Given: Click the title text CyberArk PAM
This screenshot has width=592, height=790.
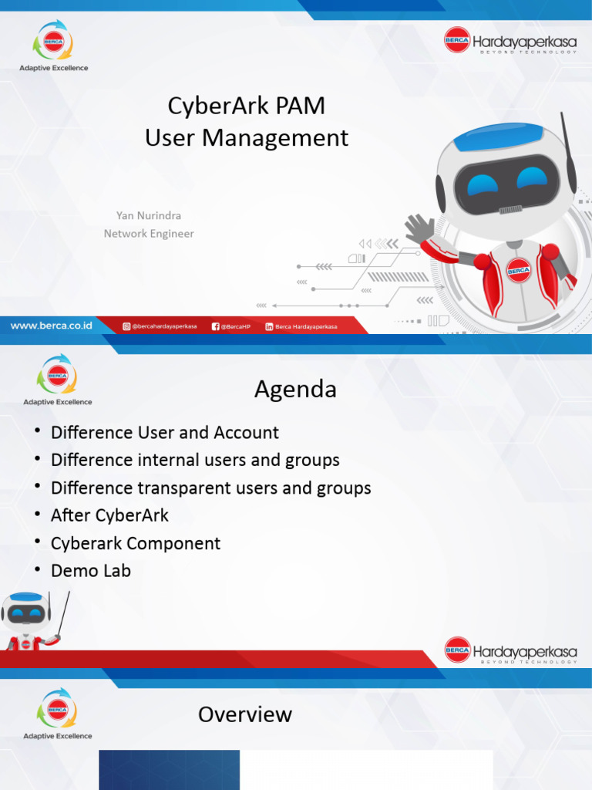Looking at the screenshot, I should [x=247, y=106].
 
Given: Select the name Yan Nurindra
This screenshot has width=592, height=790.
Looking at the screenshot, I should [x=149, y=215].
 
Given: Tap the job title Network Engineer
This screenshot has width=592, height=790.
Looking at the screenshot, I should [x=149, y=233].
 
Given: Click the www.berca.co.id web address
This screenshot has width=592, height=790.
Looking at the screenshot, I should [x=52, y=326].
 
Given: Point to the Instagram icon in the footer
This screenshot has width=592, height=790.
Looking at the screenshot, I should [x=126, y=326].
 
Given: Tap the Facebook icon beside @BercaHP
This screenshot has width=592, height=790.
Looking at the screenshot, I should [x=216, y=326].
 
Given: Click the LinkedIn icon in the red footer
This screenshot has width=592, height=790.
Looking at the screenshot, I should [x=269, y=326].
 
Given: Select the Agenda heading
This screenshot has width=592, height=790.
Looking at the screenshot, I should [x=295, y=390].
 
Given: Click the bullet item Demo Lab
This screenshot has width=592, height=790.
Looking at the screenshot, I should [x=90, y=571].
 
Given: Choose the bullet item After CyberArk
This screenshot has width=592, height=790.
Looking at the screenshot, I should [x=109, y=515].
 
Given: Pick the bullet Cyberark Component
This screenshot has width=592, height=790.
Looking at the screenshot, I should [x=136, y=543].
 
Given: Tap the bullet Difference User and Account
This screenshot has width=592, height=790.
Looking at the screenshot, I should [x=164, y=433].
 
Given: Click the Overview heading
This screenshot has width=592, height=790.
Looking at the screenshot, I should [x=245, y=714].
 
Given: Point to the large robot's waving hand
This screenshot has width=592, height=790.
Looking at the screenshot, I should [x=420, y=229].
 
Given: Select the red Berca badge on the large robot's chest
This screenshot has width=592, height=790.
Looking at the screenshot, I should [x=518, y=271].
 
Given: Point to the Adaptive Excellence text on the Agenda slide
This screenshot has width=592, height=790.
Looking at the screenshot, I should [x=58, y=402].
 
